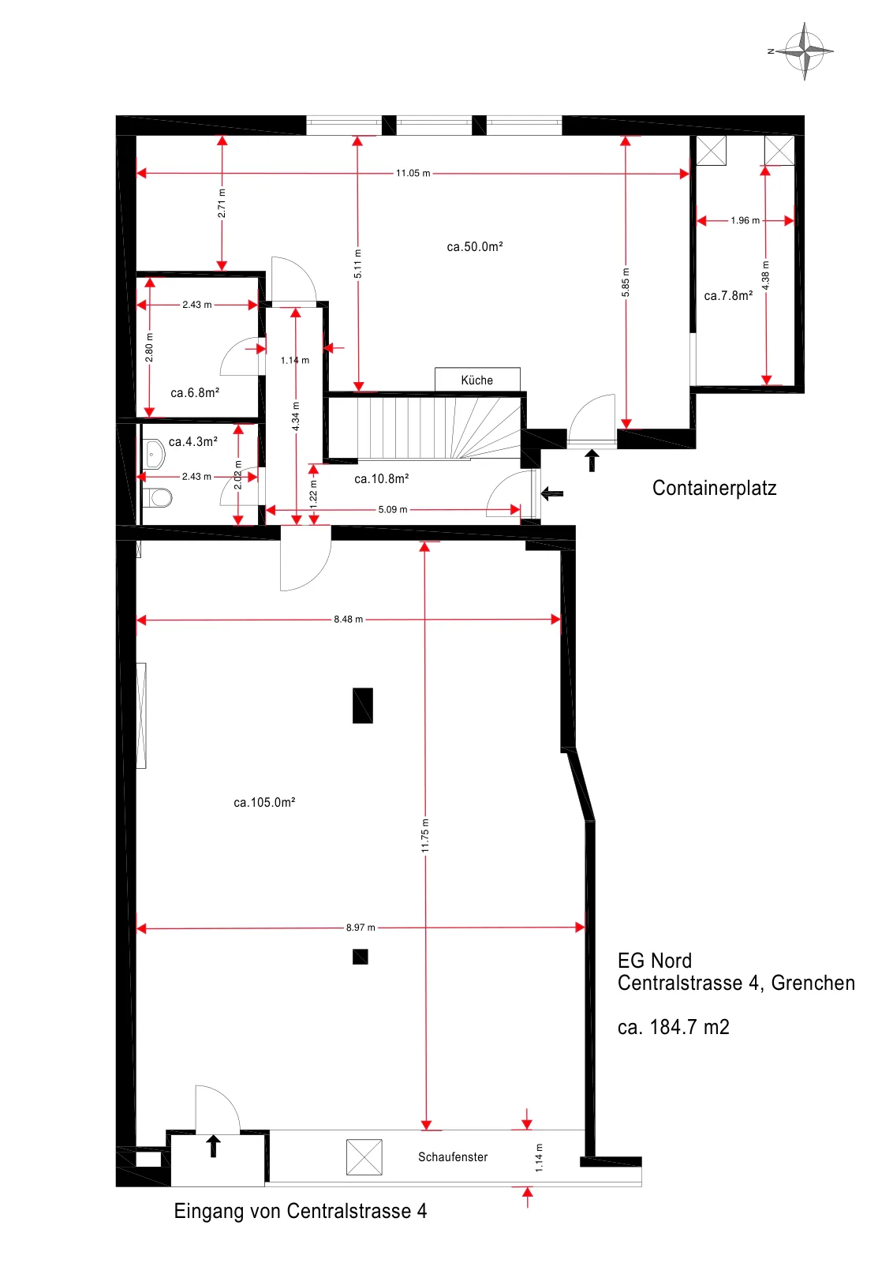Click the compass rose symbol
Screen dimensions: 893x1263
tap(805, 51)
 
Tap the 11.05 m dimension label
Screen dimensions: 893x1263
tap(413, 173)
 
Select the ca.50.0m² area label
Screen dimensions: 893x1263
tap(474, 246)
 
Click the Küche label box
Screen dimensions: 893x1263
tap(477, 380)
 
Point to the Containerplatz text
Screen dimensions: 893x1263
tap(714, 488)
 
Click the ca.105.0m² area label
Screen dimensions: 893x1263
tap(264, 802)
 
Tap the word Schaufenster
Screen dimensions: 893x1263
tap(452, 1157)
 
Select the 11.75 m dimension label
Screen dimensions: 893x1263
tap(425, 836)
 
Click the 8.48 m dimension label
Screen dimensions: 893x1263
tap(348, 619)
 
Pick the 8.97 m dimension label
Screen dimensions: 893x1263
tap(361, 928)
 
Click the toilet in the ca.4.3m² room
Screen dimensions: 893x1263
tap(157, 498)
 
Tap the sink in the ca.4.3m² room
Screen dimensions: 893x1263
tap(154, 455)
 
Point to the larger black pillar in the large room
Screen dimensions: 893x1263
tap(363, 706)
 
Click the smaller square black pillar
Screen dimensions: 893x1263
tap(360, 957)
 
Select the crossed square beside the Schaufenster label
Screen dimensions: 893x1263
tap(364, 1157)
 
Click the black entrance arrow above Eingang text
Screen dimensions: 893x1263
tap(213, 1146)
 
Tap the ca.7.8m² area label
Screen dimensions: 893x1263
tap(728, 295)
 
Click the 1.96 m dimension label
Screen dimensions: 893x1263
tap(745, 220)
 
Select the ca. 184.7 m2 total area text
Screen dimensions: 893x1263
tap(673, 1027)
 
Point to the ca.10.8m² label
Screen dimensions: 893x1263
tap(382, 478)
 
